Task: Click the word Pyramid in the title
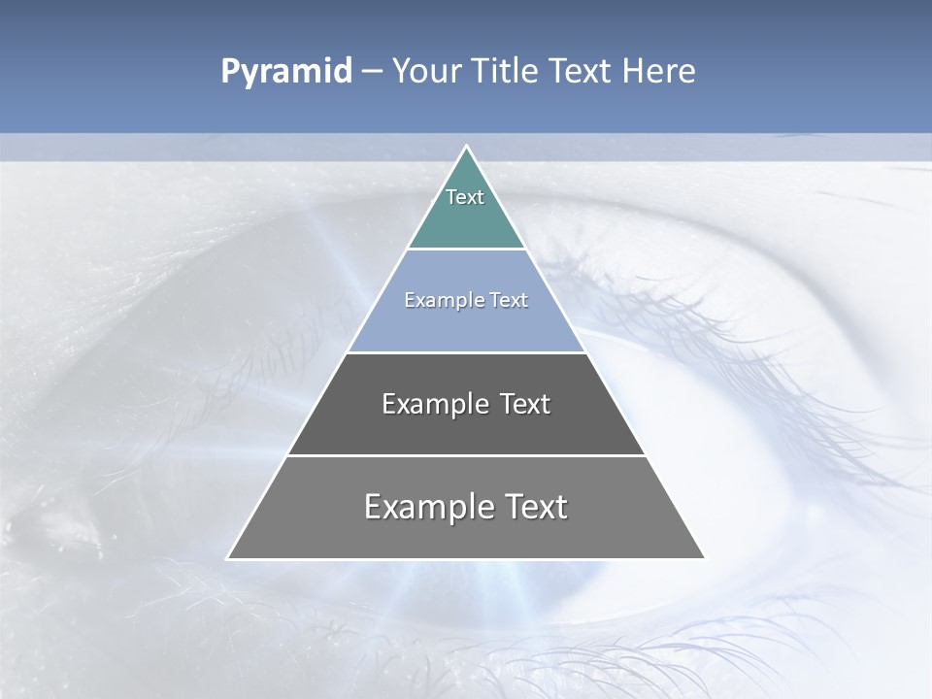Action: [285, 72]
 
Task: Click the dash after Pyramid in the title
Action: [371, 72]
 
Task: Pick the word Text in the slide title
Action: [583, 72]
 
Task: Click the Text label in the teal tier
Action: [465, 197]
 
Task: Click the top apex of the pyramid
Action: [466, 147]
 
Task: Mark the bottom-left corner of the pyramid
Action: [228, 558]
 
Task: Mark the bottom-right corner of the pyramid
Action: [704, 558]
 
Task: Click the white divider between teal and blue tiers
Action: [466, 249]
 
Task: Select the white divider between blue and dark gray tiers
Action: [466, 352]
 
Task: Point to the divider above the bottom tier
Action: [466, 455]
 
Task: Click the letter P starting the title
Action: [230, 72]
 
